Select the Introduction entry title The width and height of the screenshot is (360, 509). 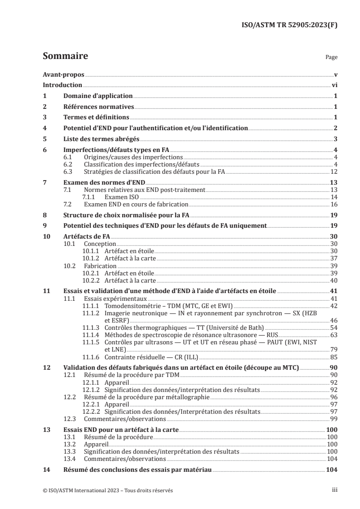tap(62, 85)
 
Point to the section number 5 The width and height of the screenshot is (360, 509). tap(44, 139)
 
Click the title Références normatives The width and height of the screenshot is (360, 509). tap(98, 107)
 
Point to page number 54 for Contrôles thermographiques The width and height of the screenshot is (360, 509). tap(334, 328)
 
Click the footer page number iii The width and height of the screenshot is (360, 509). tap(335, 490)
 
